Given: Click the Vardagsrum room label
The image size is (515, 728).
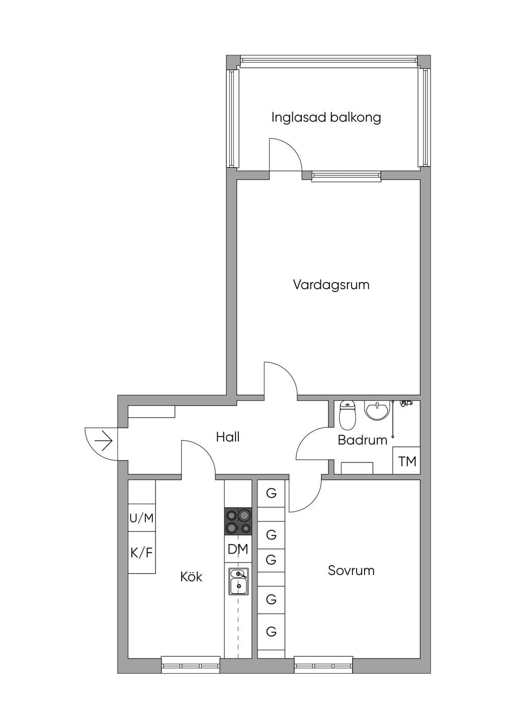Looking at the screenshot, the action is tap(331, 285).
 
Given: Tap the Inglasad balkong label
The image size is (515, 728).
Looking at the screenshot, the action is tap(326, 118).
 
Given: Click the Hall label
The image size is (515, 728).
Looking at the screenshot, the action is tap(228, 437).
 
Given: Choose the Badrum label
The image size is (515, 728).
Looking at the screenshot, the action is tap(363, 440).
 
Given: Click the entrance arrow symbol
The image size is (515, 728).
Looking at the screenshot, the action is tap(104, 441).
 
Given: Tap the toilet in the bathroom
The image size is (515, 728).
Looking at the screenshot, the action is tap(348, 416).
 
